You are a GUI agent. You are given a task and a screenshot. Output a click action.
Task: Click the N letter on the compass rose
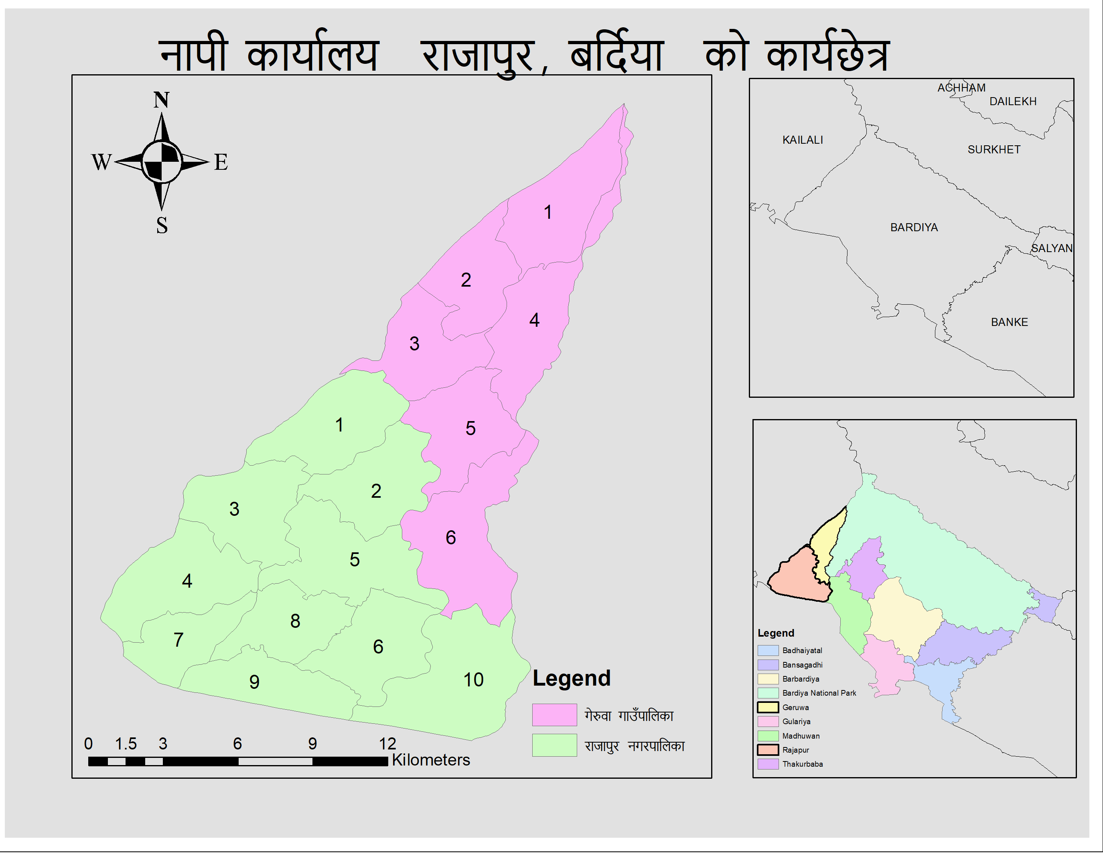(161, 100)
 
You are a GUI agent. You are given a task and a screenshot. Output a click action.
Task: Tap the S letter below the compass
(162, 225)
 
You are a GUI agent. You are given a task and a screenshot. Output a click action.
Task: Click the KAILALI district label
(803, 140)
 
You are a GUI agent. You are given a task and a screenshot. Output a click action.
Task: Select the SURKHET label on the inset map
(994, 150)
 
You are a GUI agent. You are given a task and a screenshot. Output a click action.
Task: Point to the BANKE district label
(1009, 322)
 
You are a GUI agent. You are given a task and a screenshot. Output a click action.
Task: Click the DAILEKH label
(1013, 102)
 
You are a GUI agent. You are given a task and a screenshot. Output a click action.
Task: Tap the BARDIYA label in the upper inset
(914, 227)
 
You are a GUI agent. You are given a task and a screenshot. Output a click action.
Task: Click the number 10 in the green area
(473, 680)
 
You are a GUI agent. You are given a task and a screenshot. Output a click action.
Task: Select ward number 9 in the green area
(255, 682)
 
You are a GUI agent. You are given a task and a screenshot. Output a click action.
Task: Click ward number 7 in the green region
(178, 640)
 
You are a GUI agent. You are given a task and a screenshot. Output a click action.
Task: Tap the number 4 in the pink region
(534, 320)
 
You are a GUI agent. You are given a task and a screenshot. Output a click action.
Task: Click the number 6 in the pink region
(450, 537)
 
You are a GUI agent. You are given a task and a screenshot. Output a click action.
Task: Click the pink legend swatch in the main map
(554, 715)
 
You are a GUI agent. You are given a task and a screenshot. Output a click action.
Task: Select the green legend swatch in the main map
(554, 745)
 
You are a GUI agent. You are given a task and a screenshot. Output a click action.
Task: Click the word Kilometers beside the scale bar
(431, 759)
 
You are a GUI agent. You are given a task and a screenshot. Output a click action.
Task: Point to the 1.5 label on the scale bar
(126, 743)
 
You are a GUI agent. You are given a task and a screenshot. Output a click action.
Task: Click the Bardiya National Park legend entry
(819, 693)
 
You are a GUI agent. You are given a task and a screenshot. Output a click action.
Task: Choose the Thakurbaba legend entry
(802, 763)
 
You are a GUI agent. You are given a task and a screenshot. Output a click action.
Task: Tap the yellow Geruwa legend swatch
(767, 707)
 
